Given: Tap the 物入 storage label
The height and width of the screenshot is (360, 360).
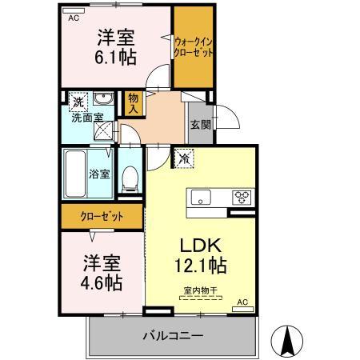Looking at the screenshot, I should [134, 100].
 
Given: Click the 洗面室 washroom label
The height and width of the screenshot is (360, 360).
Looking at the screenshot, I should [86, 118].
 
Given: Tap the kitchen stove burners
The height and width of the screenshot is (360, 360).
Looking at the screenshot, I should [242, 198].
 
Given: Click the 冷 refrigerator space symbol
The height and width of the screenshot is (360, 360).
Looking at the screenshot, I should [185, 158].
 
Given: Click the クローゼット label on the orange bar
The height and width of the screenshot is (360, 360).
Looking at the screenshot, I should [101, 216].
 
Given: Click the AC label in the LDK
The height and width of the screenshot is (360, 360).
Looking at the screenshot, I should [244, 303].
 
